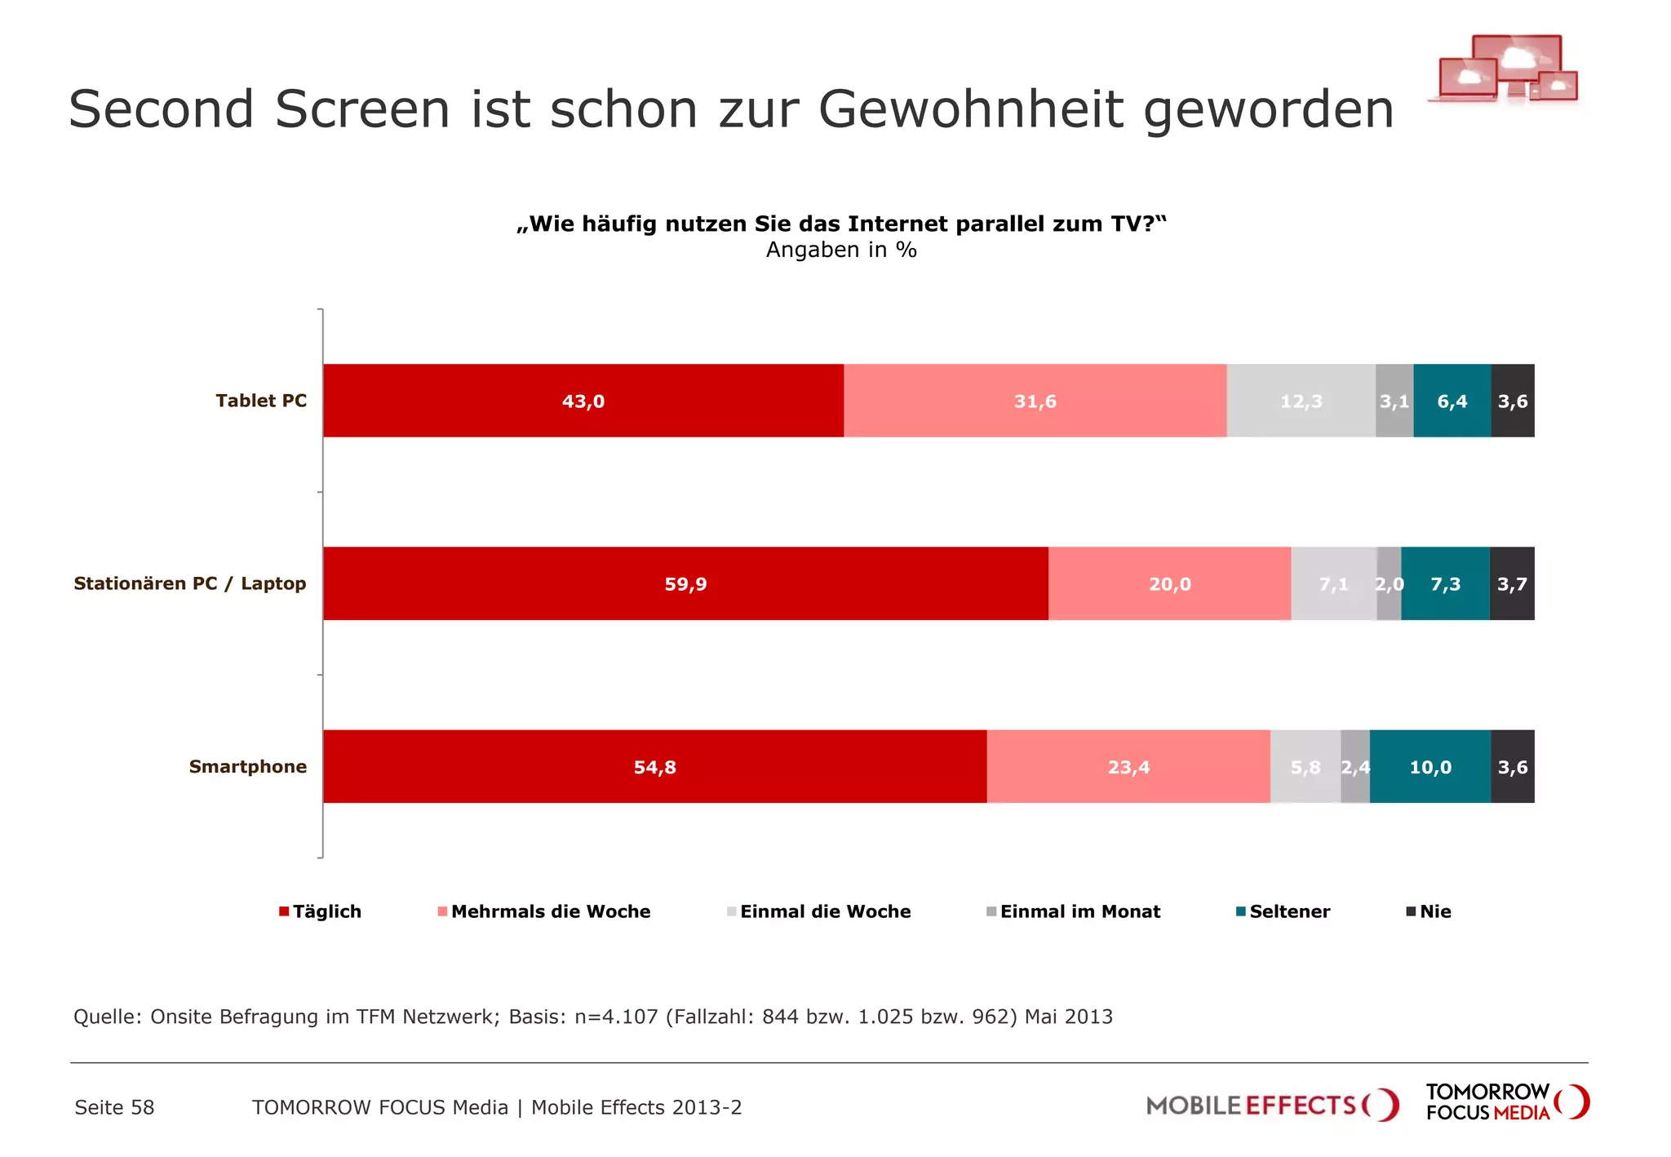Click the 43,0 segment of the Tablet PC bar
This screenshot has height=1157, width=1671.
[583, 401]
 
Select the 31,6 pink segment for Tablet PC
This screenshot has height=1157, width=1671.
[1035, 401]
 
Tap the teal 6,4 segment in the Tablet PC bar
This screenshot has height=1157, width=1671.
[1452, 401]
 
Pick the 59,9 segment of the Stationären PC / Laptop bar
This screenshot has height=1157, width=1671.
[685, 583]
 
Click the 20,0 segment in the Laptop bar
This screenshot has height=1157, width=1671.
[1169, 583]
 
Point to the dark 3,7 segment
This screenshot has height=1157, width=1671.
[1512, 583]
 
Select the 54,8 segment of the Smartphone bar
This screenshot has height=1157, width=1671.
[654, 766]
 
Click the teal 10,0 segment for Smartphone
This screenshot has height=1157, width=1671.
[1429, 766]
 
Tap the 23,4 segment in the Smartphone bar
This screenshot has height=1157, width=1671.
[1128, 766]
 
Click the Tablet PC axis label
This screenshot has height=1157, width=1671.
[261, 401]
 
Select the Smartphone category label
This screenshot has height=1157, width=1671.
[248, 766]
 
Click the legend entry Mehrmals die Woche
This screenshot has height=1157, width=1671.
[550, 911]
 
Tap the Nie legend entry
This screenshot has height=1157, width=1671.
[1434, 911]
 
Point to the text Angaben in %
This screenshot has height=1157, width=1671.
[841, 250]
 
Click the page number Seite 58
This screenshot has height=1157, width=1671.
[114, 1107]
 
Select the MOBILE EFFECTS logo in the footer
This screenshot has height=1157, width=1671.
[1271, 1106]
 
